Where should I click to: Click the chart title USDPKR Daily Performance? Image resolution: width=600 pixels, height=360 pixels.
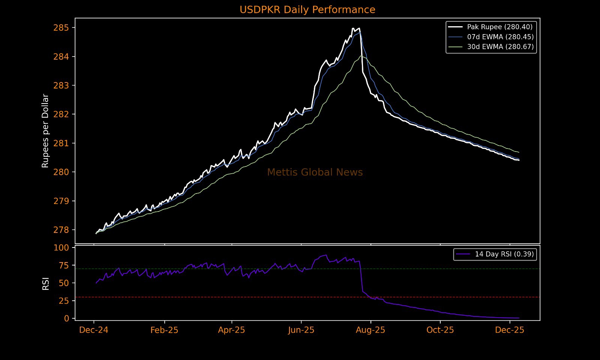pyautogui.click(x=307, y=10)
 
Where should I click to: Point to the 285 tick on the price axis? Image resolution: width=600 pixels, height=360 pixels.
pyautogui.click(x=61, y=28)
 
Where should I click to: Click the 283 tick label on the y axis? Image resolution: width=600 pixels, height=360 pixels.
pyautogui.click(x=61, y=85)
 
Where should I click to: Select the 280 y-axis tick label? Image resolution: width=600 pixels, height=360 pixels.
pyautogui.click(x=61, y=172)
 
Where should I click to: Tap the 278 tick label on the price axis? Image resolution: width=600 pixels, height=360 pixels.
pyautogui.click(x=61, y=230)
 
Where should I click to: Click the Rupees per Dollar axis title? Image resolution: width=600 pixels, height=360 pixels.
pyautogui.click(x=45, y=131)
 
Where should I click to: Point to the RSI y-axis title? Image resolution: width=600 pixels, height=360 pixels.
pyautogui.click(x=46, y=283)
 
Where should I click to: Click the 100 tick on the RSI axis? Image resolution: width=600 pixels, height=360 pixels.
pyautogui.click(x=61, y=248)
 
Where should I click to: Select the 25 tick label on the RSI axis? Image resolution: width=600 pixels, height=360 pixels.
pyautogui.click(x=64, y=301)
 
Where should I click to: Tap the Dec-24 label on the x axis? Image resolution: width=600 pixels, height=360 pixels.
pyautogui.click(x=94, y=330)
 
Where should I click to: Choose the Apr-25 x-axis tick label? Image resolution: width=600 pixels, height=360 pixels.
pyautogui.click(x=231, y=330)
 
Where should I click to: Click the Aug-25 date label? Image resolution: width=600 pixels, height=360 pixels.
pyautogui.click(x=370, y=330)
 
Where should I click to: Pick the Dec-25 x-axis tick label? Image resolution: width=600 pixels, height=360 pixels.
pyautogui.click(x=510, y=330)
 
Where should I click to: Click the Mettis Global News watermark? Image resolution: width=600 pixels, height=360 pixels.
pyautogui.click(x=315, y=172)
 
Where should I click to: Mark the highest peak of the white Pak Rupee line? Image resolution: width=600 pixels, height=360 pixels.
pyautogui.click(x=353, y=28)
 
